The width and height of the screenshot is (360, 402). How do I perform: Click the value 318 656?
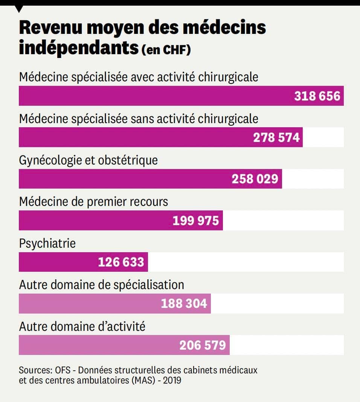[317, 96]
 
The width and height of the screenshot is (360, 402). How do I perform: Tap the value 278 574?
[276, 137]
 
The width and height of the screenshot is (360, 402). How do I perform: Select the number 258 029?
[255, 179]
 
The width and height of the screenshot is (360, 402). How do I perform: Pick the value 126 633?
[121, 262]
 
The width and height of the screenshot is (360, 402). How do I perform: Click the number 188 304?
[184, 303]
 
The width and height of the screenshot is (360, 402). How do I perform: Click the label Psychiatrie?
[47, 243]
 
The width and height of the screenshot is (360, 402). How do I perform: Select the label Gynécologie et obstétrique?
[88, 160]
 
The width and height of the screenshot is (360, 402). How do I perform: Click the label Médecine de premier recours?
[93, 202]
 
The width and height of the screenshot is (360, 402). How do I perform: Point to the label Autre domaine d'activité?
[82, 326]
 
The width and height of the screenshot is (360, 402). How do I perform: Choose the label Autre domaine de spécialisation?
[101, 285]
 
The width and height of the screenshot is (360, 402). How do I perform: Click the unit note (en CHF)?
[166, 50]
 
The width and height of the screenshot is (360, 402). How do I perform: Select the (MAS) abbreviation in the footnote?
[142, 380]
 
